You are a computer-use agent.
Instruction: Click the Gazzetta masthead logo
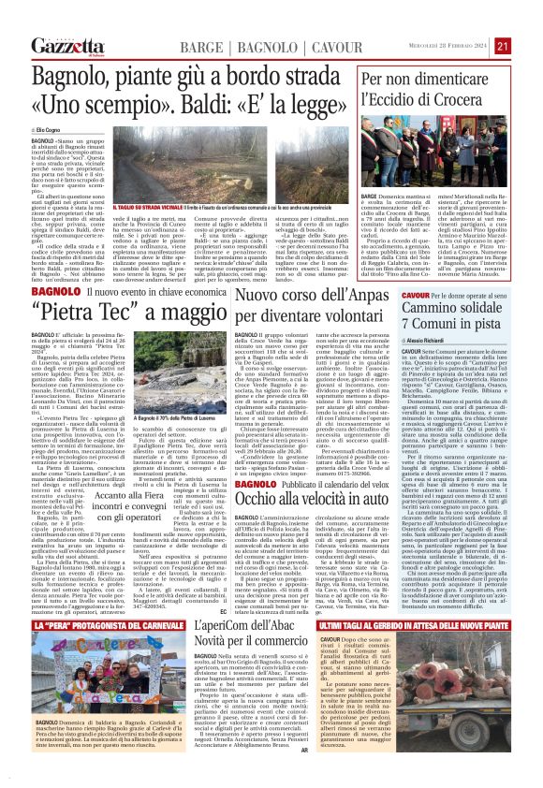(67, 46)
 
